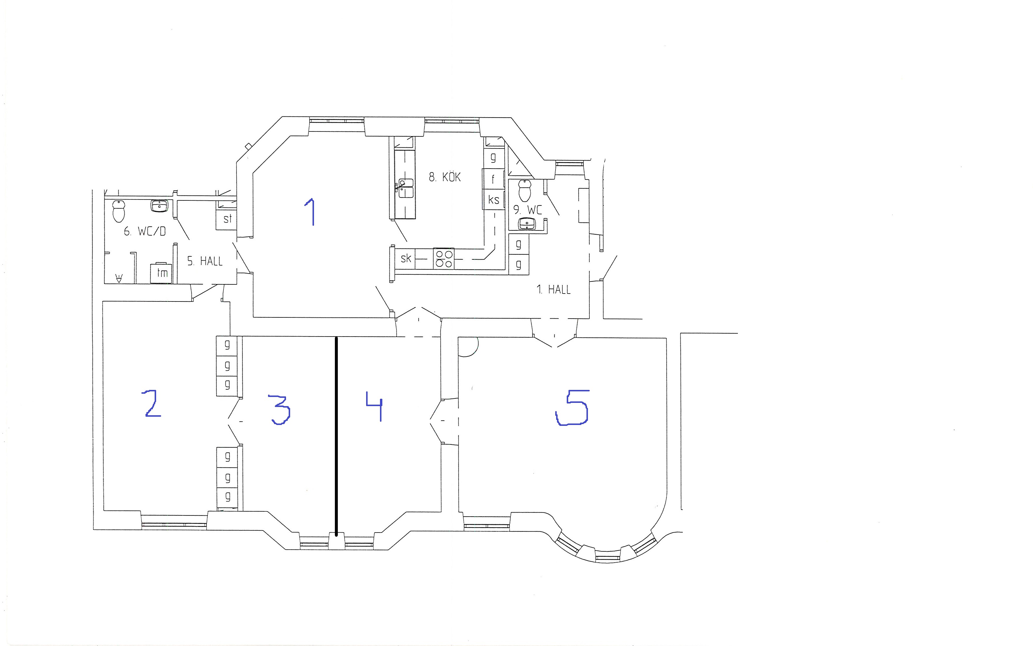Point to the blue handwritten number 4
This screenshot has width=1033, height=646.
(x=374, y=406)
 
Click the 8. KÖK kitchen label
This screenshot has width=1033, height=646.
(x=444, y=177)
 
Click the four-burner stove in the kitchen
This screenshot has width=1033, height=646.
(x=444, y=258)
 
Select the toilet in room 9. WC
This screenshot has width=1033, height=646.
(x=524, y=190)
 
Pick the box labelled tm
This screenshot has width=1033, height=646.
(x=161, y=273)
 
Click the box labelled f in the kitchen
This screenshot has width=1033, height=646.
(x=493, y=179)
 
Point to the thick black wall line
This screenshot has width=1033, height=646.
(x=336, y=436)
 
